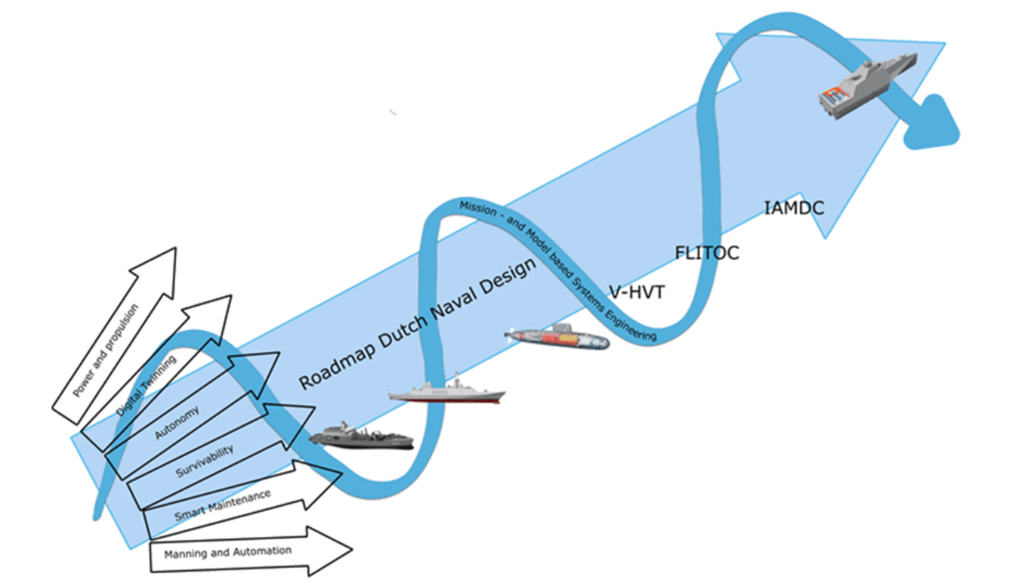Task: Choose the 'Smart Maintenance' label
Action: click(223, 503)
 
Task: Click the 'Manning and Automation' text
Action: click(227, 553)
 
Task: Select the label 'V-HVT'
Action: click(637, 292)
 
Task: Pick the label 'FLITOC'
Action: click(707, 253)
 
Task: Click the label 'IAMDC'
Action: click(794, 209)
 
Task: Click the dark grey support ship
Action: click(361, 437)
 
